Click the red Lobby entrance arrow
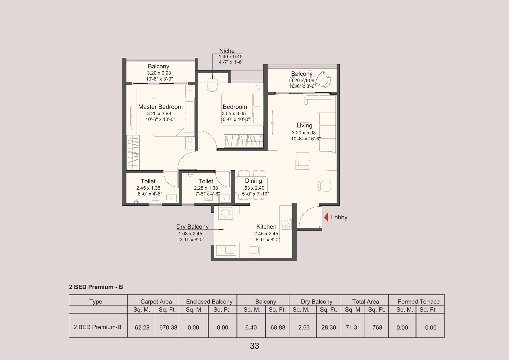[326, 217]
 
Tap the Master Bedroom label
[160, 107]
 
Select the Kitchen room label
[266, 227]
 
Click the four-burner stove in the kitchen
[286, 224]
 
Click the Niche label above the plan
[227, 51]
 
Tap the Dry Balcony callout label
[192, 227]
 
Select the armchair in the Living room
[302, 161]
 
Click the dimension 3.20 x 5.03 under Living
[304, 133]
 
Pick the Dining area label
[253, 181]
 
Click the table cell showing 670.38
[168, 327]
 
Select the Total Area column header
[365, 301]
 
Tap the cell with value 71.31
[353, 327]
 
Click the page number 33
[254, 346]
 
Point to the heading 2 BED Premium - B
[96, 287]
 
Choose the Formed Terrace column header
[419, 301]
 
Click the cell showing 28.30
[329, 327]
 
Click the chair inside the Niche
[213, 85]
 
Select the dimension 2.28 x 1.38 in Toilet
[206, 188]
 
